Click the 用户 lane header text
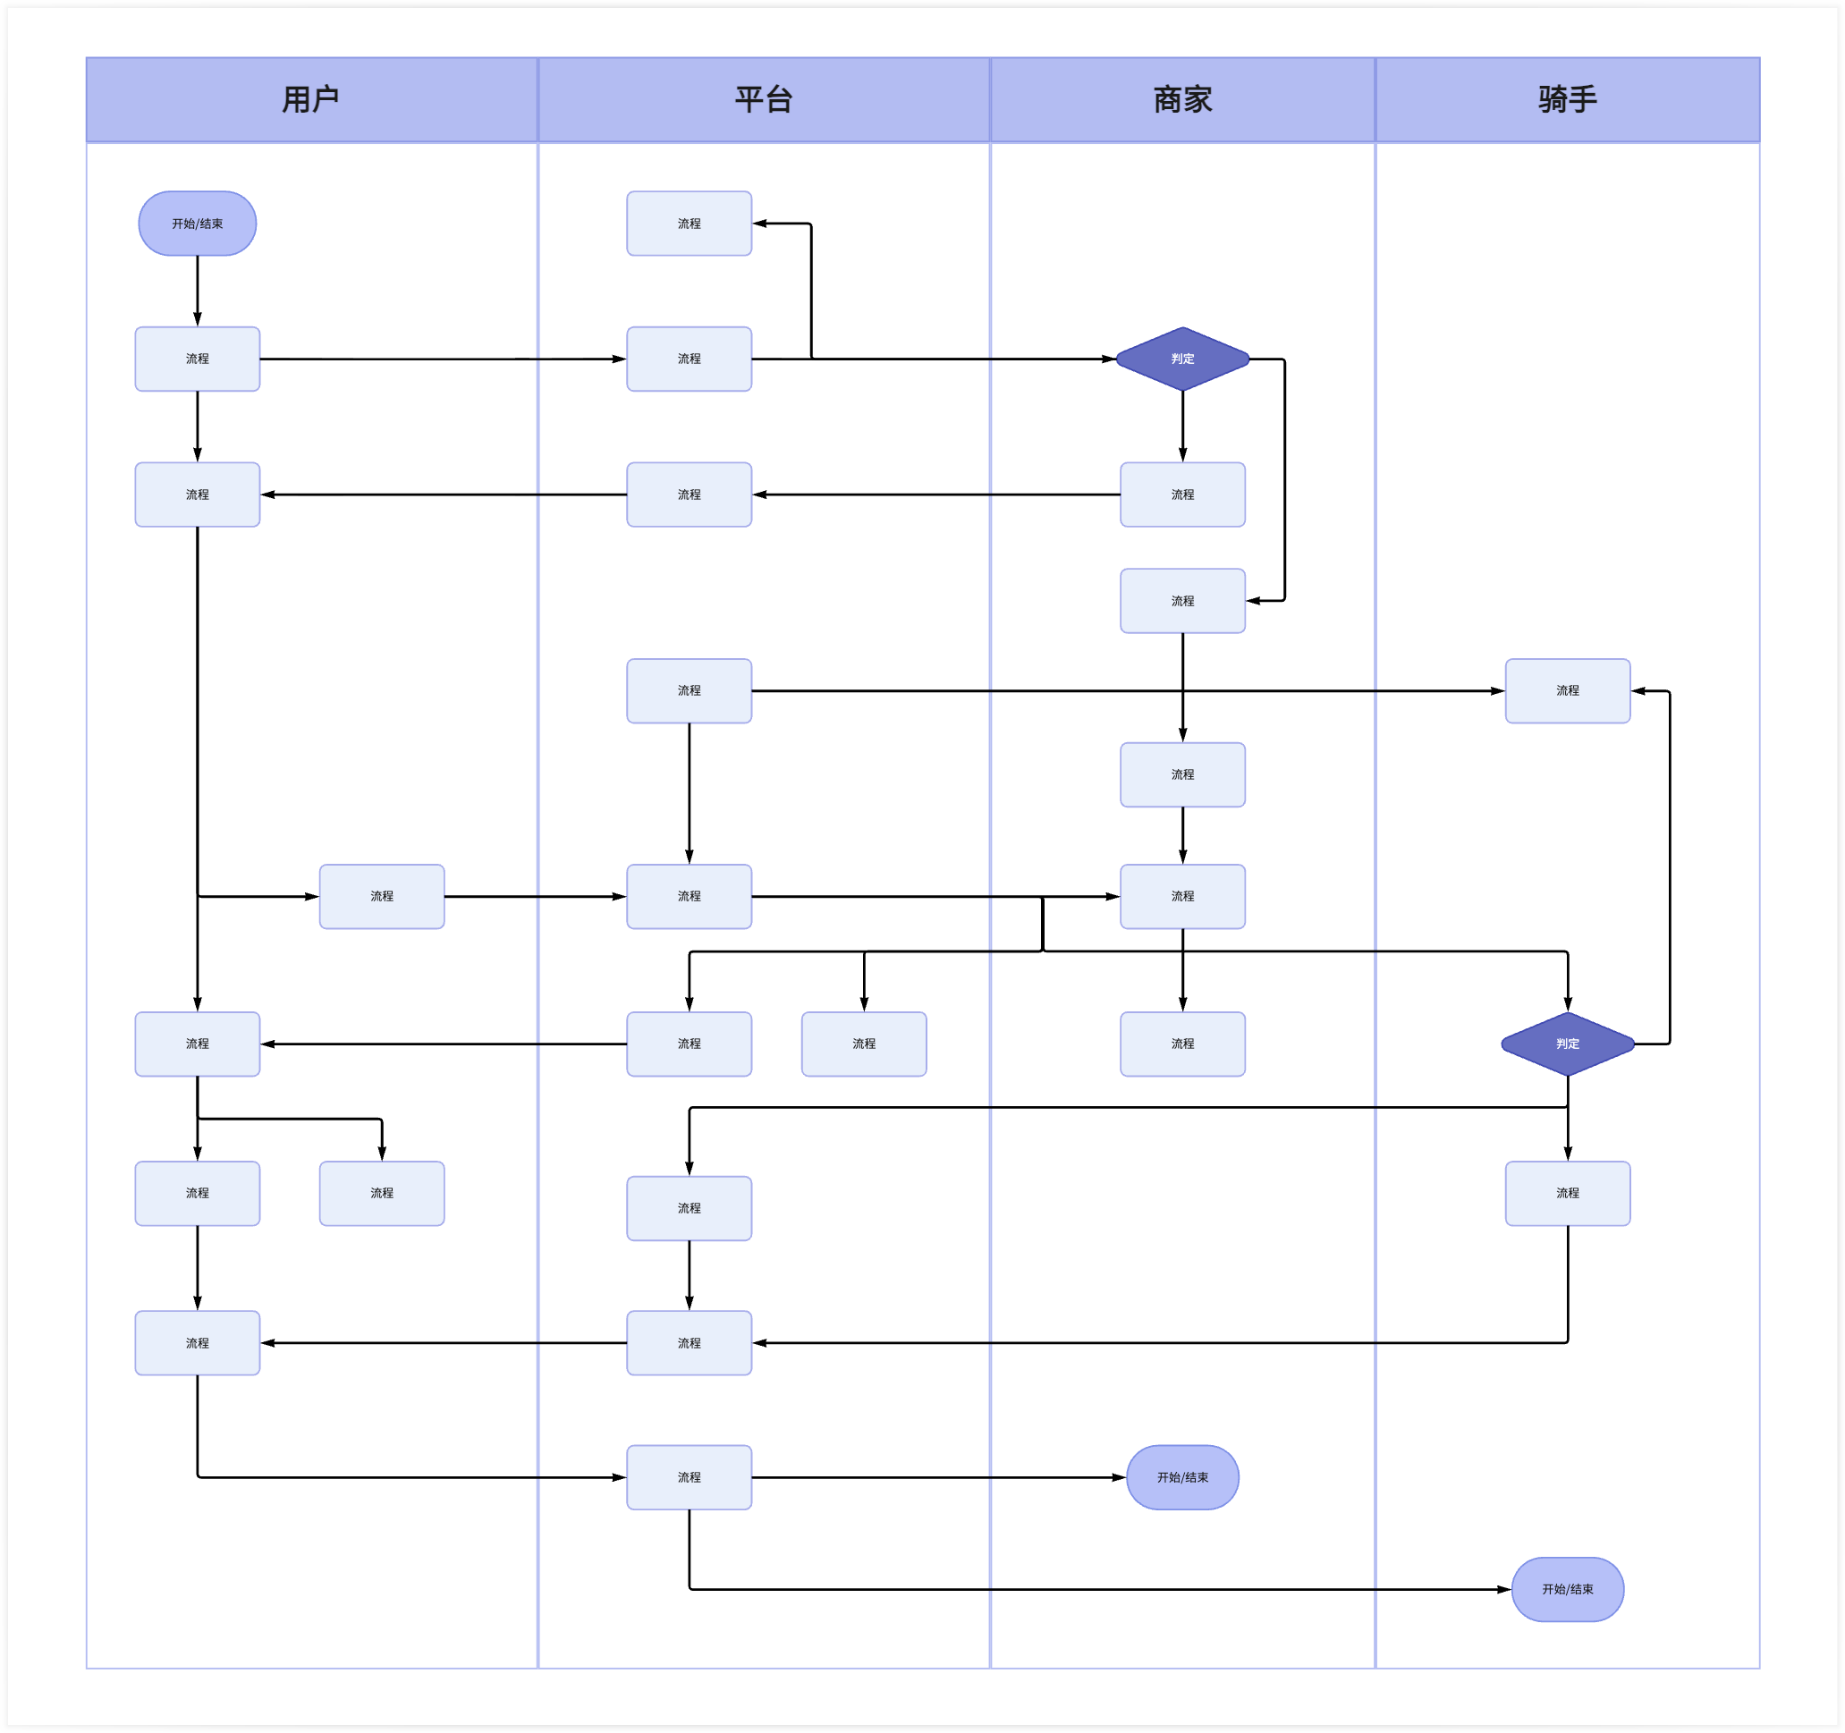pos(310,99)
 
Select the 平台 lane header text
pos(763,99)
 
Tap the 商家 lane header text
pos(1182,99)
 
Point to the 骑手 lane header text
pos(1567,99)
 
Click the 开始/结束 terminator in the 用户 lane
pos(197,224)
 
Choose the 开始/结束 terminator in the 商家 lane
pos(1182,1477)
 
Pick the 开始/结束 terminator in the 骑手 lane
pos(1567,1589)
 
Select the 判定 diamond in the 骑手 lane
pos(1567,1044)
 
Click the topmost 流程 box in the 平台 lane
pos(689,224)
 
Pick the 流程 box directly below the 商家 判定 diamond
pos(1182,495)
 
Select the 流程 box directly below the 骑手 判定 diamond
pos(1567,1193)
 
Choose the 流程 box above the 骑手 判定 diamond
pos(1567,690)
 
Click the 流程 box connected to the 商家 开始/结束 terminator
pos(689,1477)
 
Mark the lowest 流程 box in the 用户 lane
pos(197,1342)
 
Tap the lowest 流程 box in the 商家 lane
pos(1182,1044)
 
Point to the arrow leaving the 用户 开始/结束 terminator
pos(197,291)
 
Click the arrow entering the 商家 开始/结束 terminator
pos(937,1477)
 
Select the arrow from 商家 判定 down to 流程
pos(1182,427)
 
